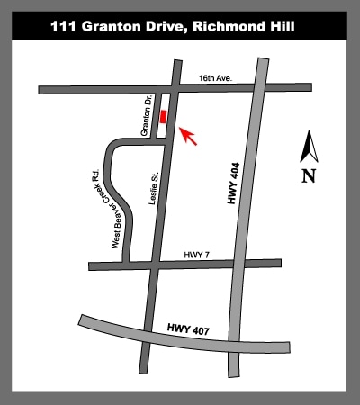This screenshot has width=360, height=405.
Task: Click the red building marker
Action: pyautogui.click(x=163, y=117)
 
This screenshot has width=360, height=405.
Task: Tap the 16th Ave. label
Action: pyautogui.click(x=216, y=80)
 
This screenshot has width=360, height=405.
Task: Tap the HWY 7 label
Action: pyautogui.click(x=194, y=256)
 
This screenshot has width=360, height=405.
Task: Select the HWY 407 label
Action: pyautogui.click(x=188, y=332)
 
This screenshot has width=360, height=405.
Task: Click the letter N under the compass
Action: pyautogui.click(x=309, y=175)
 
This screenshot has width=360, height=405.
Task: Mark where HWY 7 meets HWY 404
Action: pyautogui.click(x=247, y=263)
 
